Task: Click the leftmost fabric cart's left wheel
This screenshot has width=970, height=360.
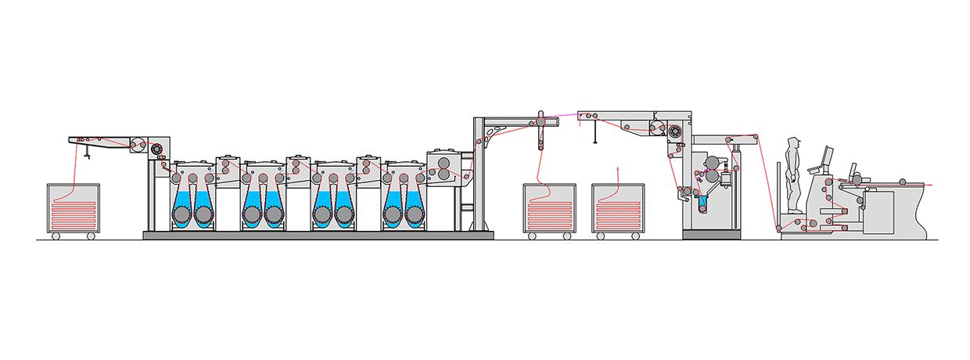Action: (56, 236)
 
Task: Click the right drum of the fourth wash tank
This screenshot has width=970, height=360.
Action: (414, 213)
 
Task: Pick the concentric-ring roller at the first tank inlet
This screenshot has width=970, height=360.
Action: (155, 149)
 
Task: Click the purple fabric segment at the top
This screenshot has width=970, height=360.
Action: (561, 116)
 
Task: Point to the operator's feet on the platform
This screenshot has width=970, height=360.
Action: (795, 210)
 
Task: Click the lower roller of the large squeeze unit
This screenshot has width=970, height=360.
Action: (444, 177)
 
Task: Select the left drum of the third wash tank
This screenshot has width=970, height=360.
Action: (322, 213)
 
